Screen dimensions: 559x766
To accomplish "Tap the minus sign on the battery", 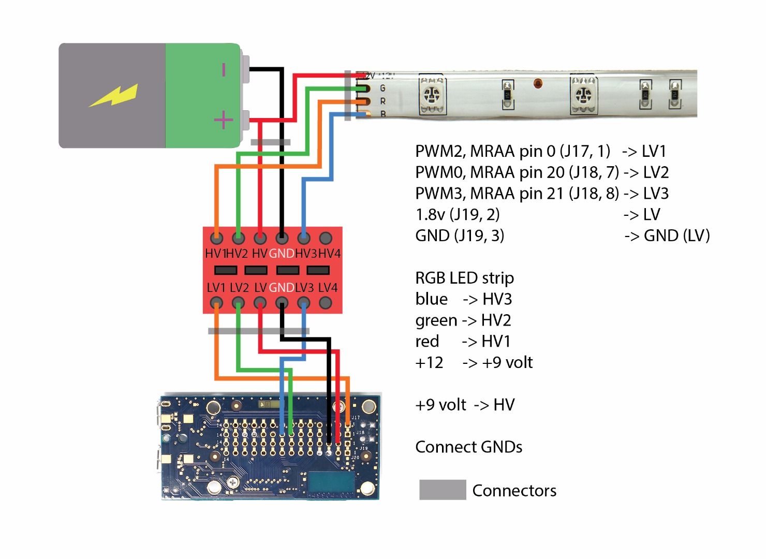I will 224,69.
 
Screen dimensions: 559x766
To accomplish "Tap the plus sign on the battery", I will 224,121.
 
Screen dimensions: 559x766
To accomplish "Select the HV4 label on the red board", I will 329,254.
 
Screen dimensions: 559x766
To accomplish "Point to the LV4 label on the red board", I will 328,288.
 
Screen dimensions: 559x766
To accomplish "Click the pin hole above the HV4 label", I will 326,239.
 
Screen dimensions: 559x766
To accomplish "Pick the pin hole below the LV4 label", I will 326,302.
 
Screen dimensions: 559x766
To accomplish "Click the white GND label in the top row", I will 282,254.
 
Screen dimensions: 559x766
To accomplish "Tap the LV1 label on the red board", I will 216,288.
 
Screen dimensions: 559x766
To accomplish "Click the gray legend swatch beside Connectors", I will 442,490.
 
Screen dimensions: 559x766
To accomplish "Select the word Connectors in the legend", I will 514,491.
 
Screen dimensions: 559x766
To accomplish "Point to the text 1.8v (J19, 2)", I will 457,214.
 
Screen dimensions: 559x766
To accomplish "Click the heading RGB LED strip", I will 464,278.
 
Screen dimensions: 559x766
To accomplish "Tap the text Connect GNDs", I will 468,447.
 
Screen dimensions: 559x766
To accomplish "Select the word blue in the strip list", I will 431,299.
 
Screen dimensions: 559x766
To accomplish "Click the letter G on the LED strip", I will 382,89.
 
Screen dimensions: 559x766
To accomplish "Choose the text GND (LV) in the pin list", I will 676,236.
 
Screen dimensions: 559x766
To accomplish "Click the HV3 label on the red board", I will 305,254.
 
